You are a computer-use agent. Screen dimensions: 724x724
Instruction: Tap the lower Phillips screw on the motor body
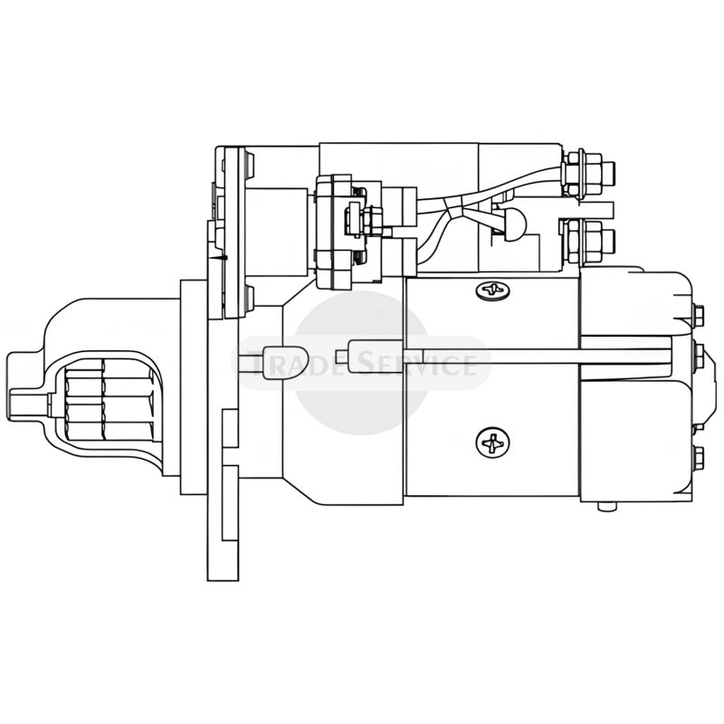pos(493,443)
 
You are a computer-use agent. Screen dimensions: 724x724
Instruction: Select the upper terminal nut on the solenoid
pos(586,171)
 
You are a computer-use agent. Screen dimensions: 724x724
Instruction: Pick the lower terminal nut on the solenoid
pos(586,242)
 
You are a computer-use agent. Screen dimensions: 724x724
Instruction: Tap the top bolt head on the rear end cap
pos(699,314)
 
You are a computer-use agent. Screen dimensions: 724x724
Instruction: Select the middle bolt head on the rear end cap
pos(699,352)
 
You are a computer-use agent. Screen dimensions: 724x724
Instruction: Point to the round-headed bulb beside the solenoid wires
pos(511,222)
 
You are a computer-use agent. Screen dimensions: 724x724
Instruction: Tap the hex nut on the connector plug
pos(371,219)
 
